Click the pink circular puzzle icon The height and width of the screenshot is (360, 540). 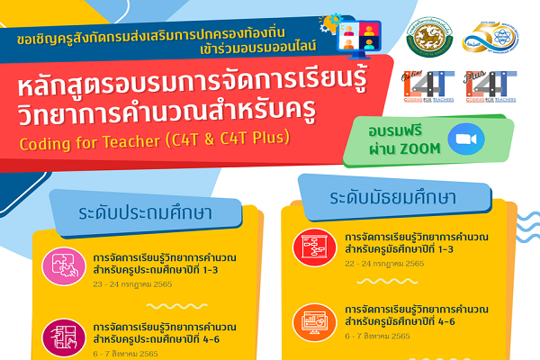pyautogui.click(x=59, y=264)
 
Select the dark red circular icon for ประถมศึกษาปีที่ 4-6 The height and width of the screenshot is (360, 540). pyautogui.click(x=59, y=338)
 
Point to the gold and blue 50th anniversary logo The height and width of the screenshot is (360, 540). pyautogui.click(x=491, y=36)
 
